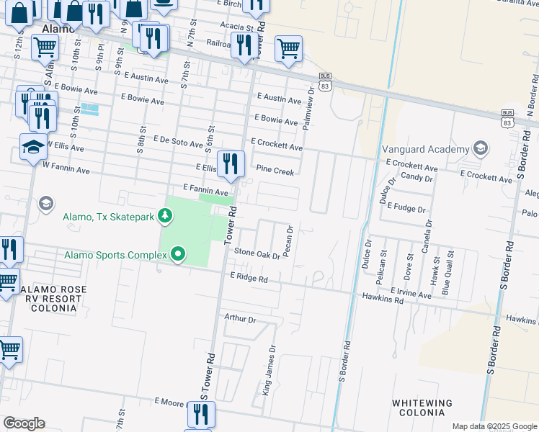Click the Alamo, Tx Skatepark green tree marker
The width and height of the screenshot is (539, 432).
[166, 215]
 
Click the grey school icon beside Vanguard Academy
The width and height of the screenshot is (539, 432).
[481, 149]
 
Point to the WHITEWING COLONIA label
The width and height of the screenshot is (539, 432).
[422, 408]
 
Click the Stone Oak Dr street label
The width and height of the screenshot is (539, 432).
[257, 254]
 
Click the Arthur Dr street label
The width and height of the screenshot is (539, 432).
[241, 318]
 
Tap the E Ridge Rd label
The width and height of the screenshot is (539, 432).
[249, 277]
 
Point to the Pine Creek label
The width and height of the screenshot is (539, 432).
[275, 171]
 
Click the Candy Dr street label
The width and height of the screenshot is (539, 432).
[416, 176]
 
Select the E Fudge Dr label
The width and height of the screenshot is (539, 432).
[406, 207]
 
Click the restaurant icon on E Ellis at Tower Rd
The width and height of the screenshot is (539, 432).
[231, 163]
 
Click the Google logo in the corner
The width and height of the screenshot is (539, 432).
[24, 423]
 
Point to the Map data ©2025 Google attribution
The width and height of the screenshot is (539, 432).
[494, 426]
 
